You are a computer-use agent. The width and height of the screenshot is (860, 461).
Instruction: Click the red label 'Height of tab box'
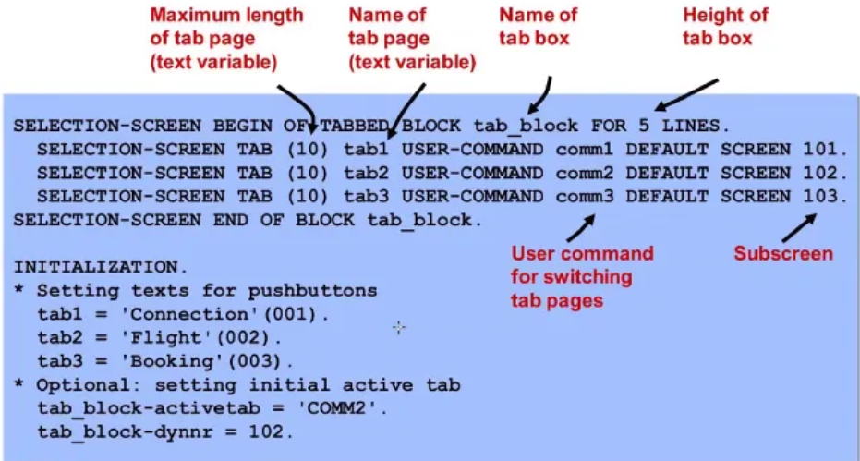725,26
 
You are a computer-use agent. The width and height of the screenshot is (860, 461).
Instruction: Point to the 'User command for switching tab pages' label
582,276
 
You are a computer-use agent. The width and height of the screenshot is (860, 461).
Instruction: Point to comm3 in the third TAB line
585,197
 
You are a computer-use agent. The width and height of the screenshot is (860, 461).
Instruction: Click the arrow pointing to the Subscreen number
799,226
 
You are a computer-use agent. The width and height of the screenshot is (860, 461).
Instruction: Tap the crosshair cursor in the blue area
399,326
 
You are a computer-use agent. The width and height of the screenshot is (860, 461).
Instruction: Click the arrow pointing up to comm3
581,226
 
